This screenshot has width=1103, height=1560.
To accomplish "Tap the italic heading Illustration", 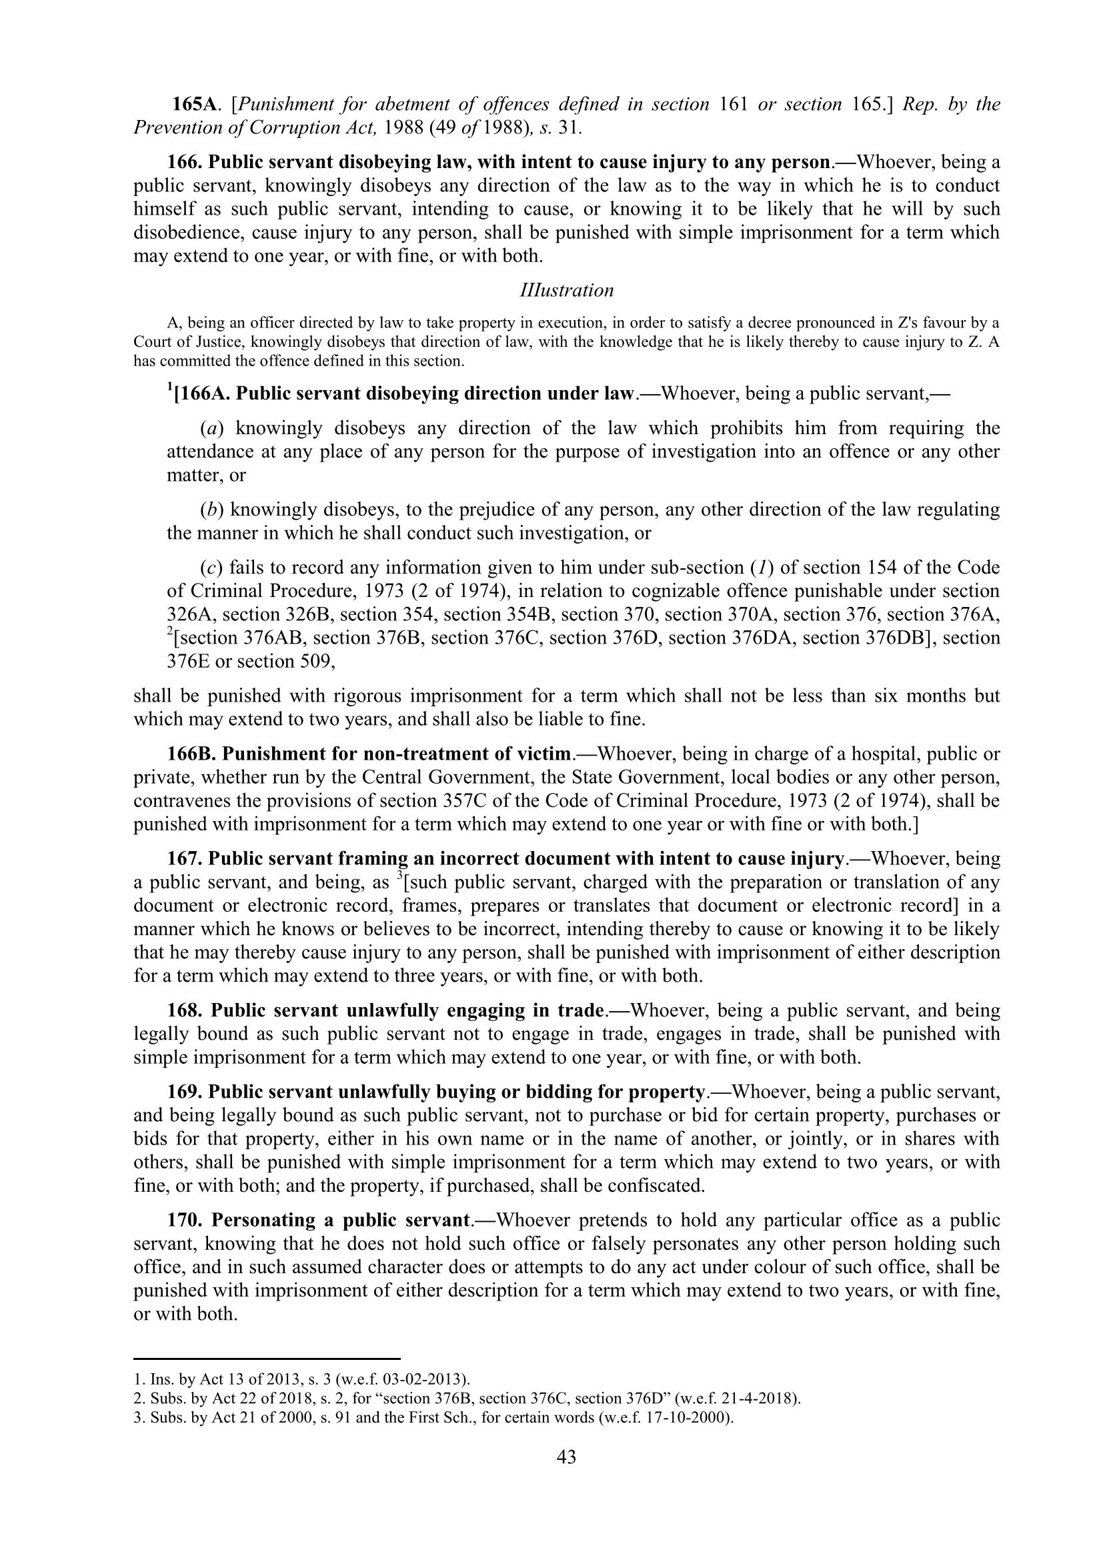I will pyautogui.click(x=566, y=291).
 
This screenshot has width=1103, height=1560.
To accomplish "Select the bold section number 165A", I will pyautogui.click(x=194, y=105).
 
